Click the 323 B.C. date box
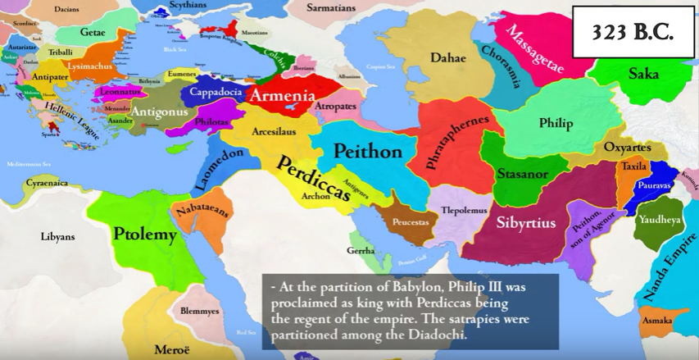[632, 32]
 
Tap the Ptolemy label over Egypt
[145, 235]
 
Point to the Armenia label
[282, 96]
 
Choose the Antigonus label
[160, 112]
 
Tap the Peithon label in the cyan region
[368, 152]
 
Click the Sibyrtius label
[526, 222]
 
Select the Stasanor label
[523, 174]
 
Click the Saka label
[643, 74]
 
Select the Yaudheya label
[659, 221]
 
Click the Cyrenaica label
[47, 184]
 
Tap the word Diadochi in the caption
[436, 335]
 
